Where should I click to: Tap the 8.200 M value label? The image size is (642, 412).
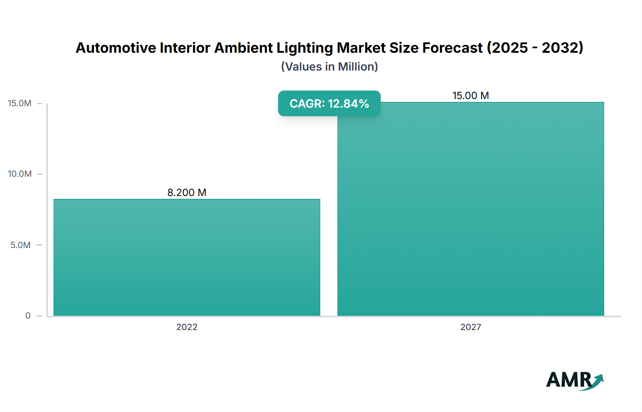coord(187,192)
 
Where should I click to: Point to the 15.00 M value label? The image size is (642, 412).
coord(470,96)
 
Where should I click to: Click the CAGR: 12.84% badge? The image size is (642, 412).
coord(329,103)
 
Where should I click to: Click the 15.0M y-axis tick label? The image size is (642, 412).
coord(20,103)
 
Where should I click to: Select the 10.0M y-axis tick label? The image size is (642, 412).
coord(20,174)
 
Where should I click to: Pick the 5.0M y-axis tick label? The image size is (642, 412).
coord(20,245)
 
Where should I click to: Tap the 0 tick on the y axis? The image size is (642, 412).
coord(28,315)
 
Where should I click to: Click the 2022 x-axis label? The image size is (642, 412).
coord(187,327)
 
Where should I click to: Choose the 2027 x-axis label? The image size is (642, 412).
coord(471,327)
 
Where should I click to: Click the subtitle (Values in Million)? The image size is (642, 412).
coord(329,67)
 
